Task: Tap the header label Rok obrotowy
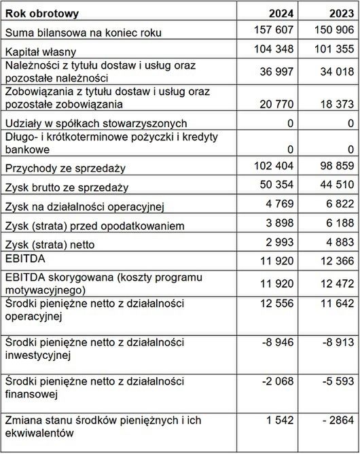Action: click(x=42, y=13)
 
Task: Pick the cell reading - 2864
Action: click(x=334, y=421)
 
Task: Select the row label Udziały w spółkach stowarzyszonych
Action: click(x=95, y=124)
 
